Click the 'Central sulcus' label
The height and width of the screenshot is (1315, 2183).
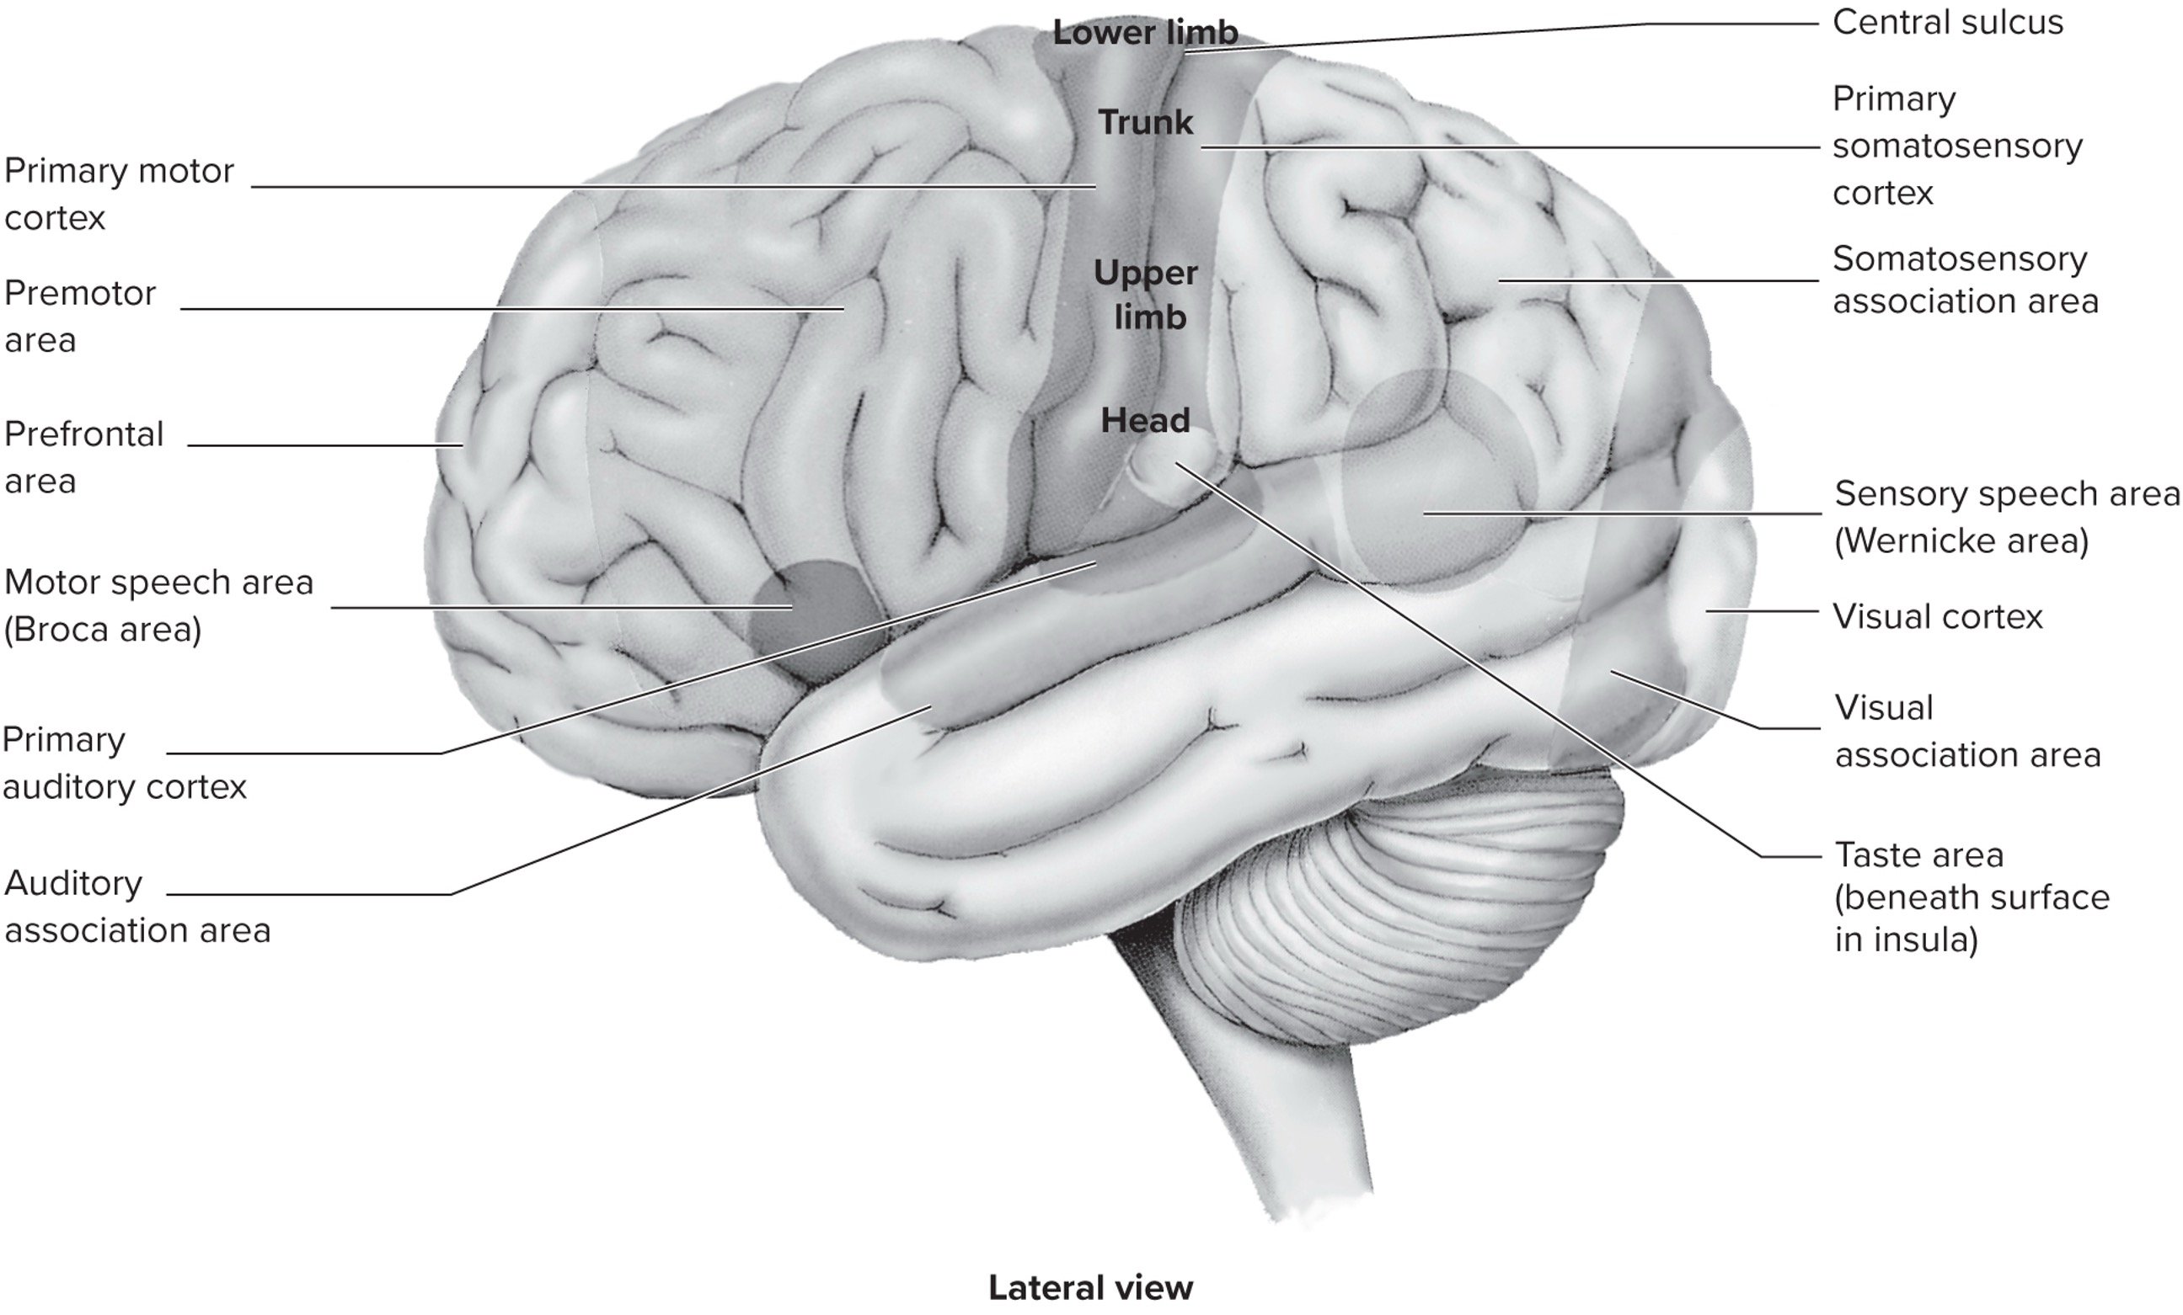(1946, 23)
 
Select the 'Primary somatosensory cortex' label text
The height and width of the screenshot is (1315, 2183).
(1956, 146)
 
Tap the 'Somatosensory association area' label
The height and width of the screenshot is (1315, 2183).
(1964, 280)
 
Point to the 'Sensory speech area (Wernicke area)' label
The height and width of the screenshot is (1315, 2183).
(2006, 516)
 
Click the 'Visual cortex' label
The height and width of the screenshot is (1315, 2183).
(1937, 616)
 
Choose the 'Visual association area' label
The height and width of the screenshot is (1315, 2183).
(1966, 732)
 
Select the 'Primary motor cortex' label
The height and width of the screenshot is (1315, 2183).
(119, 194)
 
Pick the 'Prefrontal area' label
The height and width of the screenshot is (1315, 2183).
(84, 457)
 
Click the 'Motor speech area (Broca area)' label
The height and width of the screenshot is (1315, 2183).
(158, 605)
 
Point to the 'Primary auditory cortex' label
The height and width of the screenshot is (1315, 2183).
(124, 763)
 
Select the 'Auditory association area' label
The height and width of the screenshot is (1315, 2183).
(137, 906)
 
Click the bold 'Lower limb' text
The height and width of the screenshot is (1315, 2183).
(1145, 34)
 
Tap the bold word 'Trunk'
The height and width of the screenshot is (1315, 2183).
(1146, 122)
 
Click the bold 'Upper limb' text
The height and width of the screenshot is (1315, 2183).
(1147, 295)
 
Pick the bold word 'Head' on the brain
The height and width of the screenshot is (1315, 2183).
(1145, 421)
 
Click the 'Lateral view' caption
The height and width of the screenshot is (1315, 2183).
(1090, 1287)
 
